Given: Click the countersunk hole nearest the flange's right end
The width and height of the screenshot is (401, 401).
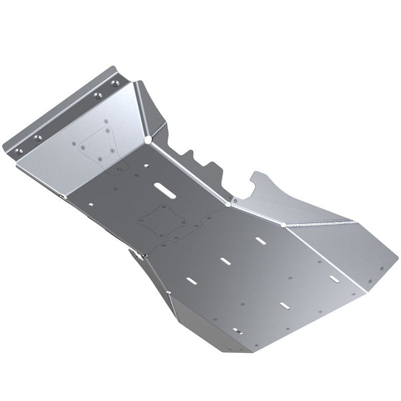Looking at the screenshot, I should (115, 83).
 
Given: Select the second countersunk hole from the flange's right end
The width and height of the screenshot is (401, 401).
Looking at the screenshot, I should (98, 96).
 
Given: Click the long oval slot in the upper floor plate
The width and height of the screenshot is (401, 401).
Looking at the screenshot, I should (166, 188).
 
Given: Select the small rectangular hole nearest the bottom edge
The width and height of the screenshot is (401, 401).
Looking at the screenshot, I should (235, 330).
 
